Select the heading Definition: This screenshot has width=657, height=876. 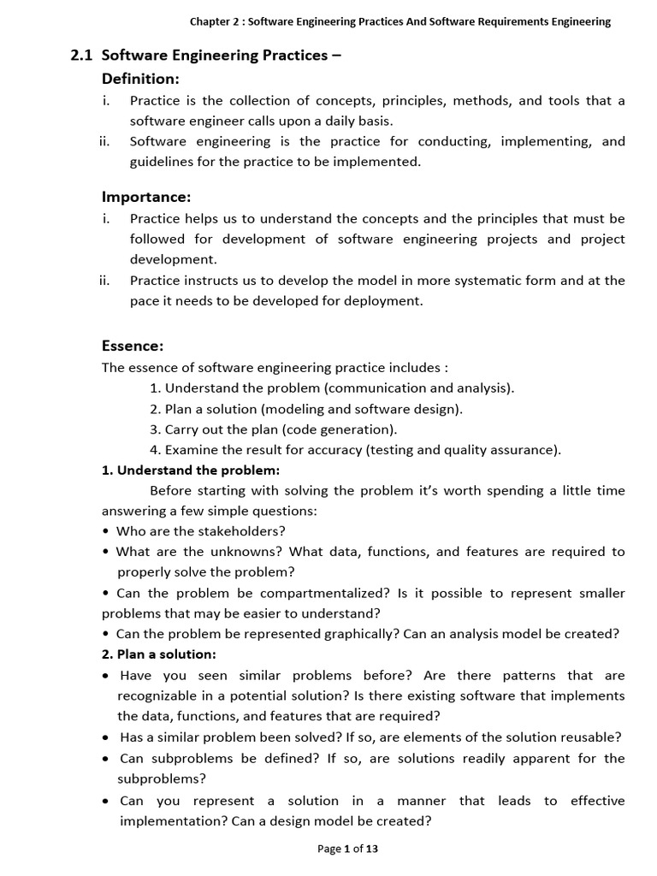(x=140, y=79)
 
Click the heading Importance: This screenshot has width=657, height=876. (x=146, y=198)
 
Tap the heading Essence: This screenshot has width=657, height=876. (x=133, y=346)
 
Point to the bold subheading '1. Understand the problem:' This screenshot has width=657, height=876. (x=191, y=471)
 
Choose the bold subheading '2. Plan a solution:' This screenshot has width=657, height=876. (x=159, y=654)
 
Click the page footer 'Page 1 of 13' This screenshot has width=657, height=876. (x=347, y=849)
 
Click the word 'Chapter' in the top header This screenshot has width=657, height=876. (x=212, y=22)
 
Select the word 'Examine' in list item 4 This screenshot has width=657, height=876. (x=189, y=450)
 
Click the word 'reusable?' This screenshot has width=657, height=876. (x=589, y=737)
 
